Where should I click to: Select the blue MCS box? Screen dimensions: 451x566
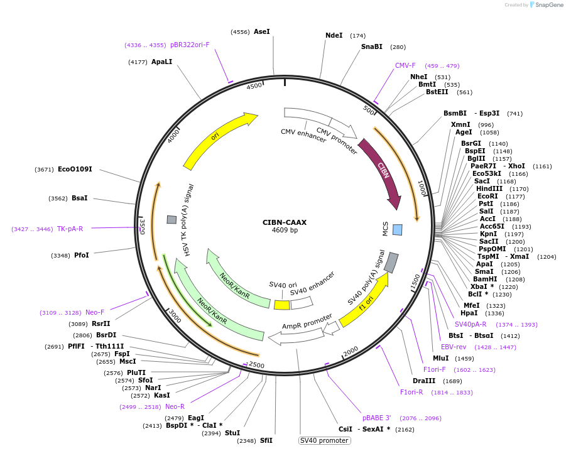(x=397, y=230)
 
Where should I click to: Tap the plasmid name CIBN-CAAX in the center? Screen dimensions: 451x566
(x=285, y=222)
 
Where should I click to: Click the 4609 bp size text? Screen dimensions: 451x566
(x=285, y=231)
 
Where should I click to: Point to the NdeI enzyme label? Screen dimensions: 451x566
(x=334, y=36)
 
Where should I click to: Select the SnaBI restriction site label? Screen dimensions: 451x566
(x=371, y=46)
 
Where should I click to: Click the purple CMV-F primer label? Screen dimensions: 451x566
(x=405, y=65)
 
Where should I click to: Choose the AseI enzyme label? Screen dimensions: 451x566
(x=261, y=31)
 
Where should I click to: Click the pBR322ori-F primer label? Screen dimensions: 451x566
(x=190, y=45)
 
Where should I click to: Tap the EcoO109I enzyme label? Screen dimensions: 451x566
(x=75, y=170)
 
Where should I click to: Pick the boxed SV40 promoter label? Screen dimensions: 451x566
(x=324, y=440)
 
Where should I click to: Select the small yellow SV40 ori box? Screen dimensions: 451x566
(x=282, y=305)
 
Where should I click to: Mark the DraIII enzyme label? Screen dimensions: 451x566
(x=424, y=381)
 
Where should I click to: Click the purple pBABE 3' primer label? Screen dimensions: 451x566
(x=377, y=418)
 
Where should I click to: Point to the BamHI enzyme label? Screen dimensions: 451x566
(x=485, y=279)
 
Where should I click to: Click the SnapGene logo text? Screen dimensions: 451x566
(x=547, y=5)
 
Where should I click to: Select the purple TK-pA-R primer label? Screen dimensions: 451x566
(x=70, y=229)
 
